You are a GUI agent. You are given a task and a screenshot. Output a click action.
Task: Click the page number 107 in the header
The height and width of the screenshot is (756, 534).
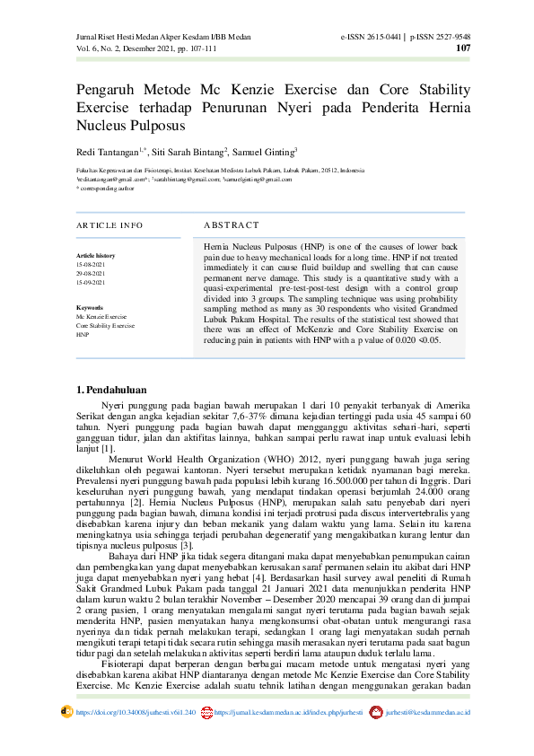tap(463, 48)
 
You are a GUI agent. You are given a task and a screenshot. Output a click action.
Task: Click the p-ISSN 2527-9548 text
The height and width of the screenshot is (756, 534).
tap(441, 37)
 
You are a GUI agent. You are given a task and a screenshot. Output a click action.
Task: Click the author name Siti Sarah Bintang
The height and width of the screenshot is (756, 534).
tap(192, 153)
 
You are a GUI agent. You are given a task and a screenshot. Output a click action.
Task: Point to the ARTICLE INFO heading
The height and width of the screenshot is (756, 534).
tap(109, 224)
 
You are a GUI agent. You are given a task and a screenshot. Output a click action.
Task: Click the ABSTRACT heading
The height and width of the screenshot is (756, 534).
tap(231, 224)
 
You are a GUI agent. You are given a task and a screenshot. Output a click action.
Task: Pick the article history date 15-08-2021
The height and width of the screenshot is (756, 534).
tap(91, 265)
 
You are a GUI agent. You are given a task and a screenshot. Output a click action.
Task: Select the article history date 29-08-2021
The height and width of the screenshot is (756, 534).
tap(91, 274)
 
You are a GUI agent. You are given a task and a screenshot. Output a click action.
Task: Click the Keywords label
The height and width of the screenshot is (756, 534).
tap(91, 308)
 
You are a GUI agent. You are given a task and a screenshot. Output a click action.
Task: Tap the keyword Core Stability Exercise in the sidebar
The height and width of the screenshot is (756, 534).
tap(105, 326)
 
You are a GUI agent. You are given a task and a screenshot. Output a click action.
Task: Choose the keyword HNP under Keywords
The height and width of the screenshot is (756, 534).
tap(83, 335)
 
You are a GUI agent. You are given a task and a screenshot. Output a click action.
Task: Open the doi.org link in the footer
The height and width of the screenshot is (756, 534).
tap(136, 711)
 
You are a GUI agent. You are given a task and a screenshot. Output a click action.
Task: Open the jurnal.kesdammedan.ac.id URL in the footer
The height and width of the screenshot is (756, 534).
tap(288, 711)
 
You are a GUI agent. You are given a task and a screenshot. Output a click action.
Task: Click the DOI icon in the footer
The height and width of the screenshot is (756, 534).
tap(66, 711)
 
